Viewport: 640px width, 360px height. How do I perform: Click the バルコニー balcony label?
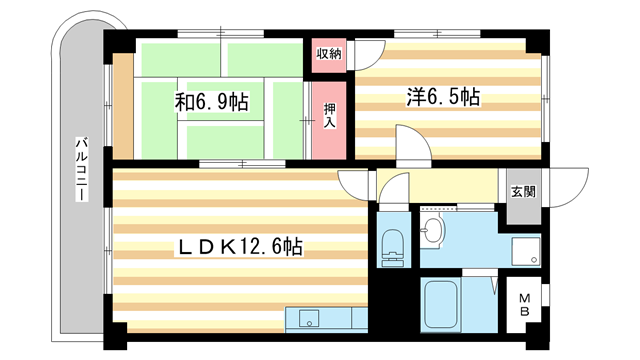[x=77, y=170]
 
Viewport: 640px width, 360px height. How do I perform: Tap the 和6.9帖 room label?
[x=212, y=101]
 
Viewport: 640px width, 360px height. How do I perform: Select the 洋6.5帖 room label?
[x=443, y=97]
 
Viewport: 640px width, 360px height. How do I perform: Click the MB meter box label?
[x=524, y=303]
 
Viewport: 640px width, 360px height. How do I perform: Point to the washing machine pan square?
[x=524, y=251]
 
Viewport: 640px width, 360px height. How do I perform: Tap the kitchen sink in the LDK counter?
[x=305, y=319]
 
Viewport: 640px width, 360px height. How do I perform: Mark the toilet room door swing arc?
[x=395, y=191]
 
